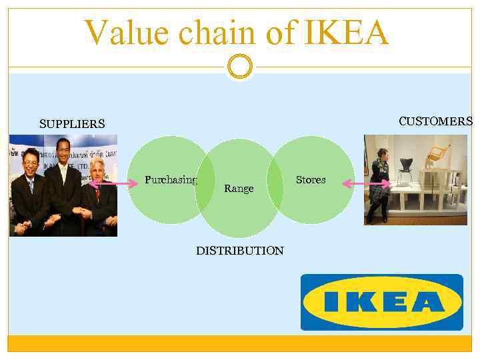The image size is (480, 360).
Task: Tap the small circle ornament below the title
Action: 239,67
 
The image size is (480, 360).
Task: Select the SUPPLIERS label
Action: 72,124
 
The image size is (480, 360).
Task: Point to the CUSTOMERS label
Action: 435,121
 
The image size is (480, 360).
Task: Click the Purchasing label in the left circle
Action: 171,180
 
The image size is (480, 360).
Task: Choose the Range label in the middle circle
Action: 239,189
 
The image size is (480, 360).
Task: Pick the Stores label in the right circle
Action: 311,180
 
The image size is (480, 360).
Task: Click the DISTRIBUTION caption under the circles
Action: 239,251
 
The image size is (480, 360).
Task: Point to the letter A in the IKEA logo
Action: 427,302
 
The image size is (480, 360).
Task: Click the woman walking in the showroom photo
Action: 381,180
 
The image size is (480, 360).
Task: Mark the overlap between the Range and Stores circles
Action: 274,180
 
